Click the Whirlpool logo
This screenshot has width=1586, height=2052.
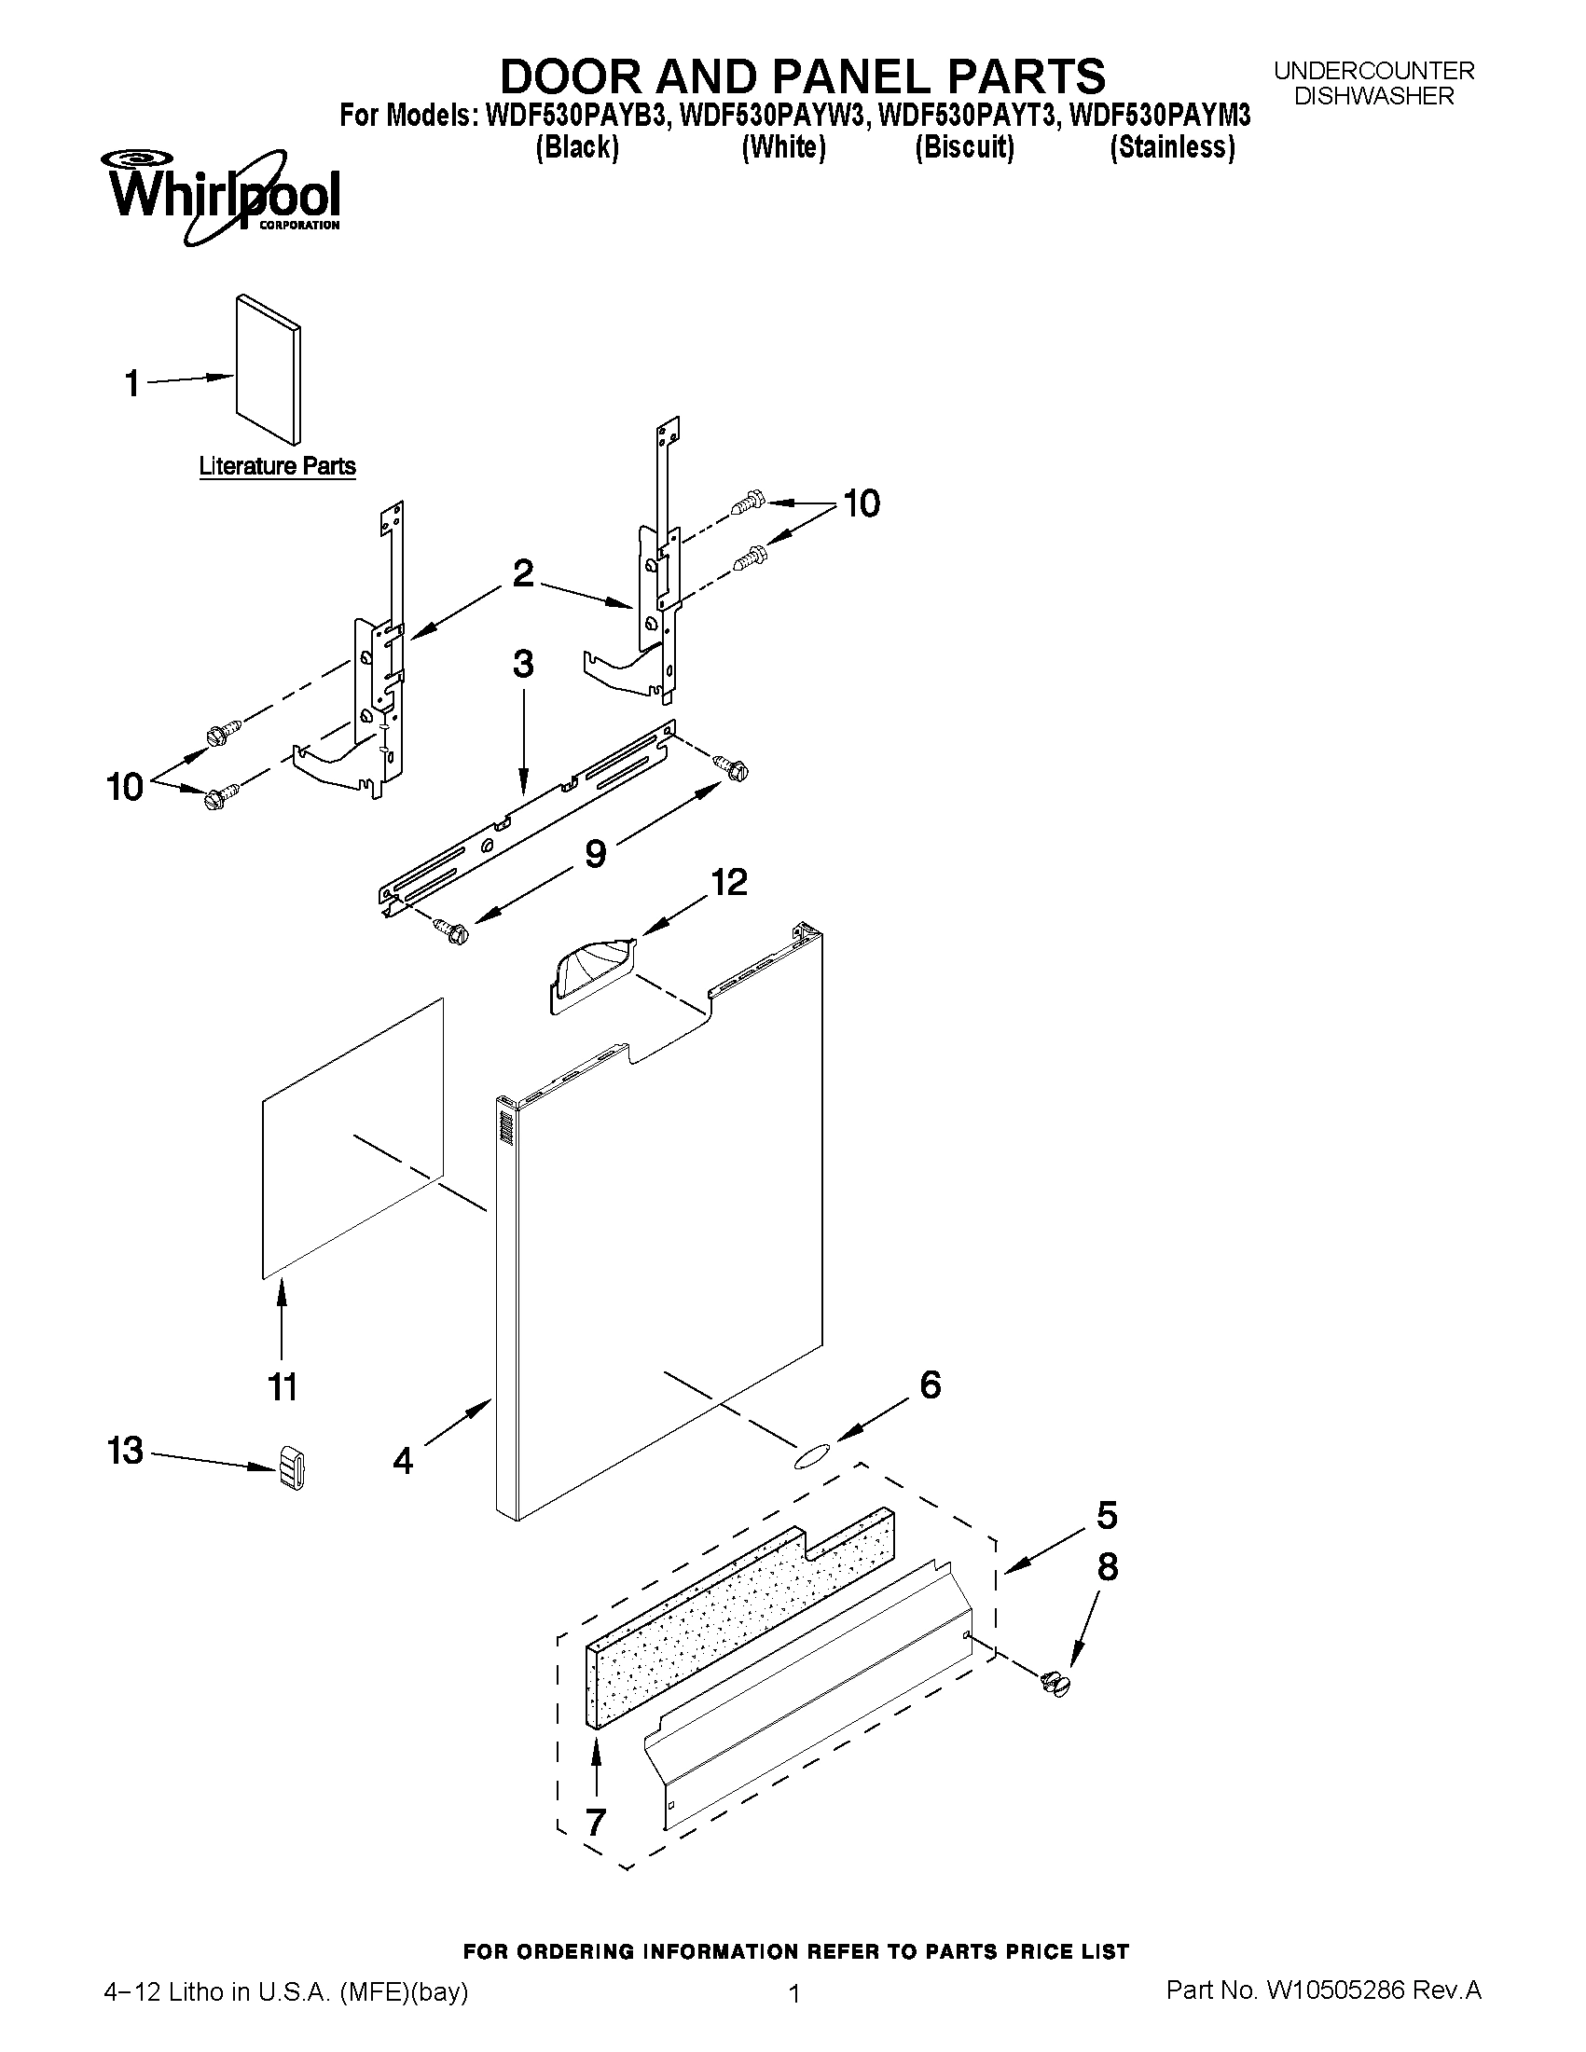pyautogui.click(x=224, y=196)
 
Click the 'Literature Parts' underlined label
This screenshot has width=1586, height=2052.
pyautogui.click(x=277, y=466)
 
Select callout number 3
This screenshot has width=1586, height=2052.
pyautogui.click(x=523, y=663)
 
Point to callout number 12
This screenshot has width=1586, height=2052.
pyautogui.click(x=728, y=882)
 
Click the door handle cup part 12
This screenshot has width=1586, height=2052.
pyautogui.click(x=592, y=976)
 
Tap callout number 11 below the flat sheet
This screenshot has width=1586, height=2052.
pyautogui.click(x=283, y=1386)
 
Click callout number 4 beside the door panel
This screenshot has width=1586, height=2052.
pyautogui.click(x=403, y=1460)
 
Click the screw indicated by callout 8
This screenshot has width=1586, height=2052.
pyautogui.click(x=1057, y=1684)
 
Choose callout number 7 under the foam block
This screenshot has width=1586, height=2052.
pyautogui.click(x=596, y=1822)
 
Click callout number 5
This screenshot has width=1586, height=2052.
pyautogui.click(x=1107, y=1515)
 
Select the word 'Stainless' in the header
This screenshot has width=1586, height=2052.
pyautogui.click(x=1172, y=147)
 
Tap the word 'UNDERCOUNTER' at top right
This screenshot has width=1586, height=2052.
pyautogui.click(x=1373, y=71)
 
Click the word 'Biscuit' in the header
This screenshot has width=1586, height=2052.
pyautogui.click(x=965, y=147)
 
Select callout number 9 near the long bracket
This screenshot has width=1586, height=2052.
pyautogui.click(x=595, y=854)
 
